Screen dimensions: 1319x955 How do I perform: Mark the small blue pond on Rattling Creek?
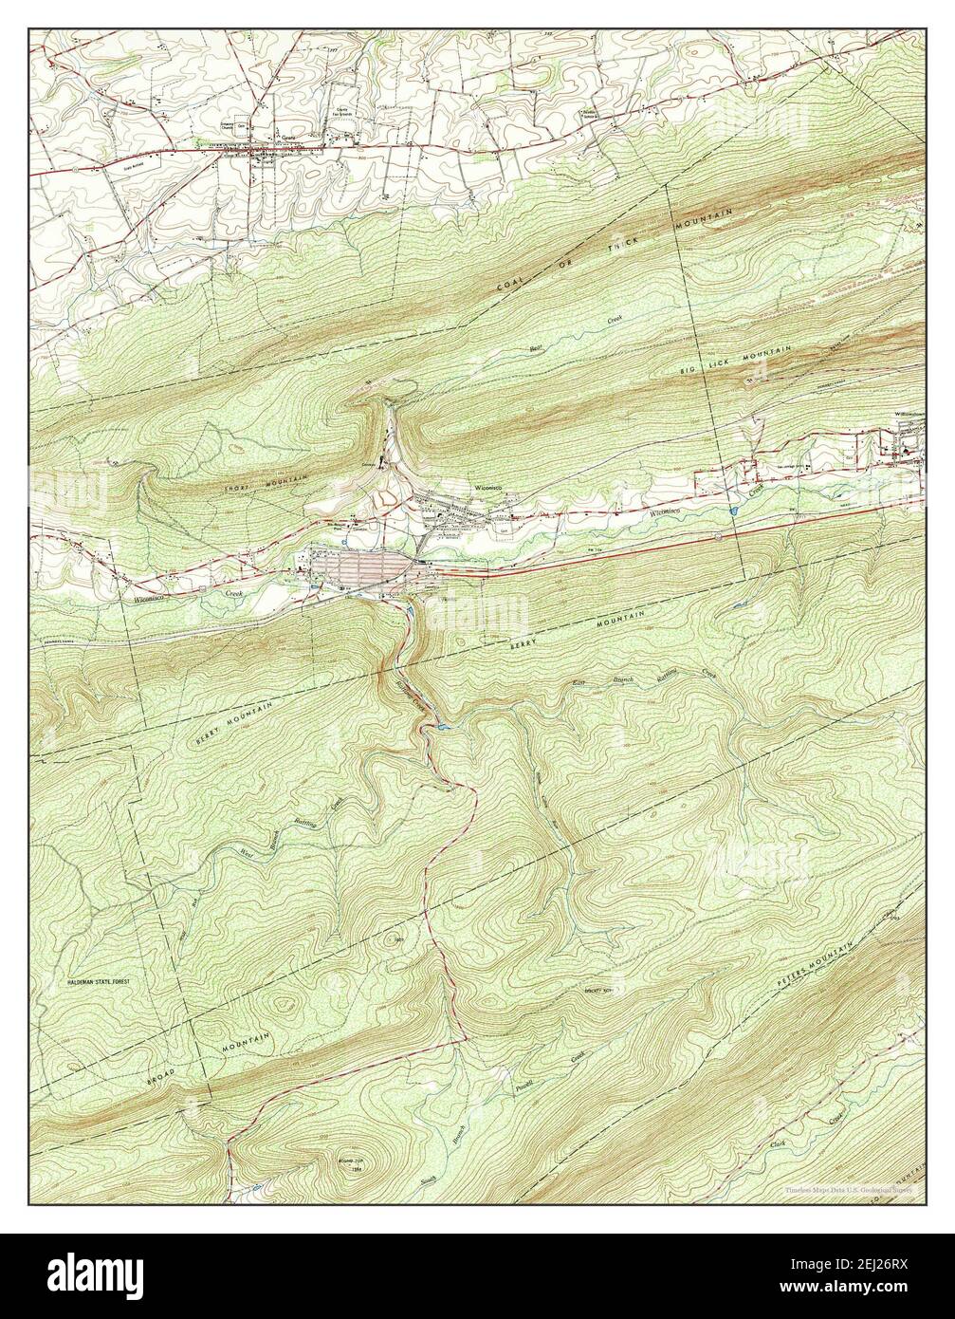(x=441, y=728)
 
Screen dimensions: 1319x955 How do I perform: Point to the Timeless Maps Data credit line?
(x=848, y=1188)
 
